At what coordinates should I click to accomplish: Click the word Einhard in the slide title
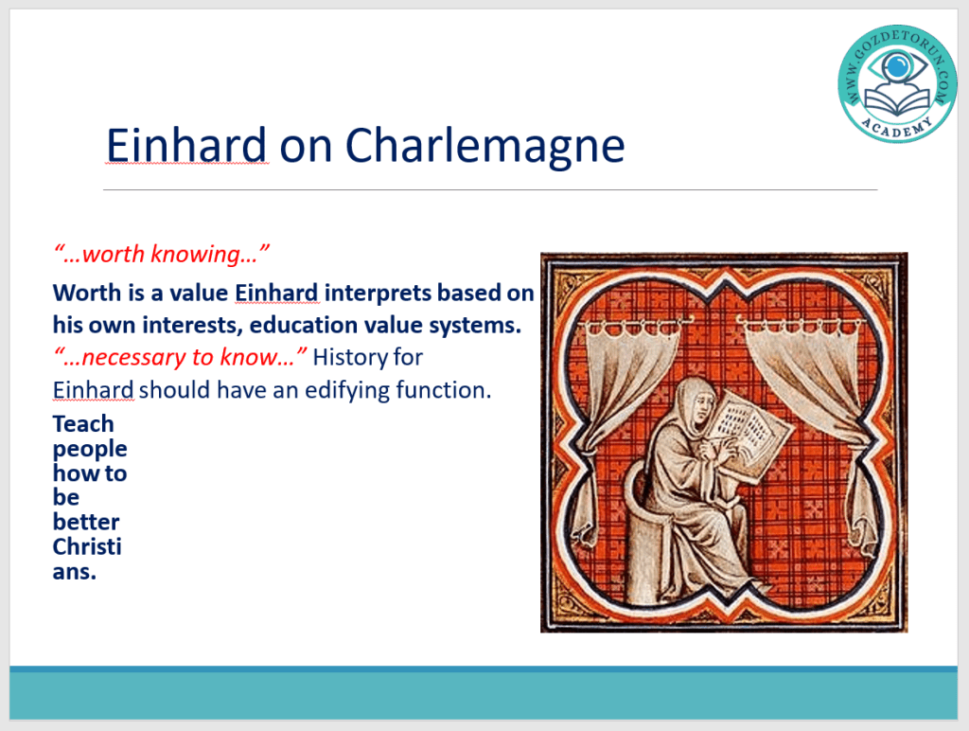pos(186,145)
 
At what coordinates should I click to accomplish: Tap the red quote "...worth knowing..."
pos(161,254)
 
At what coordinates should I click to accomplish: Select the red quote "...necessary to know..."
pos(180,357)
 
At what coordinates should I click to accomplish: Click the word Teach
pos(83,423)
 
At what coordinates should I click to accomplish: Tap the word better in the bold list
pos(86,522)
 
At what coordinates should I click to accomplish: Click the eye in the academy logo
pos(897,65)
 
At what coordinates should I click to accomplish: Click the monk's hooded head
pos(692,402)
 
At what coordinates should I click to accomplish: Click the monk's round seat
pos(649,544)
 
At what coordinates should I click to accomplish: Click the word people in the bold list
pos(90,450)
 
